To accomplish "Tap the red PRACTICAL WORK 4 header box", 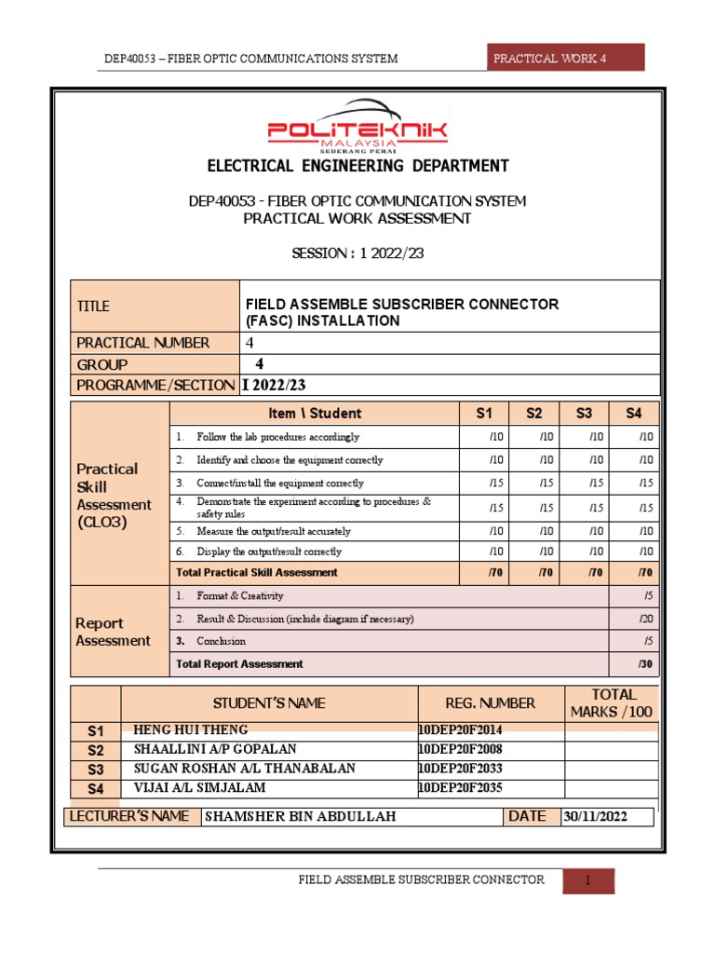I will (565, 58).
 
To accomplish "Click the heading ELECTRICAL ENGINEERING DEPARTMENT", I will (357, 167).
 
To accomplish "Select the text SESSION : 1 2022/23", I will (357, 253).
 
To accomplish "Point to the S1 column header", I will (483, 413).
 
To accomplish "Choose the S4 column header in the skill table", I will (634, 413).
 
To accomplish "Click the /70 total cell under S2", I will (533, 572).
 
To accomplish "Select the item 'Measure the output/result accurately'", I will (274, 531).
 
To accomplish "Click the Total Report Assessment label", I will (240, 664).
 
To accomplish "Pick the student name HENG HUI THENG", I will (192, 729).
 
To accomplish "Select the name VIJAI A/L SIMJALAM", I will (200, 788).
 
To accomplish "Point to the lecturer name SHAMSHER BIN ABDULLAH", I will (300, 816).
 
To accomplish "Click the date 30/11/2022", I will (595, 817).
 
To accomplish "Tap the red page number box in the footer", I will (588, 880).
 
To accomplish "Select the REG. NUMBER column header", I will (491, 703).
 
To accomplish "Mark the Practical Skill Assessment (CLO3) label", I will (114, 495).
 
